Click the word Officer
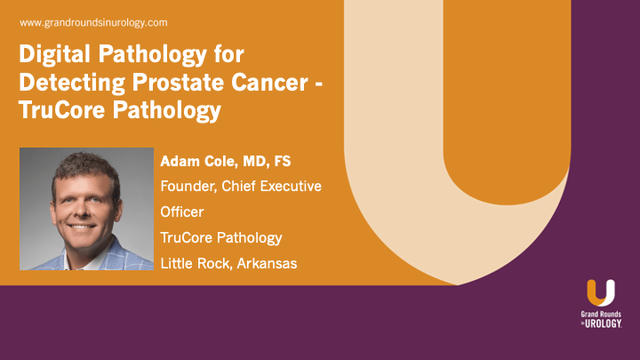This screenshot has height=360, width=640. point(181,212)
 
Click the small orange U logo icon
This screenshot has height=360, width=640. point(600,294)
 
